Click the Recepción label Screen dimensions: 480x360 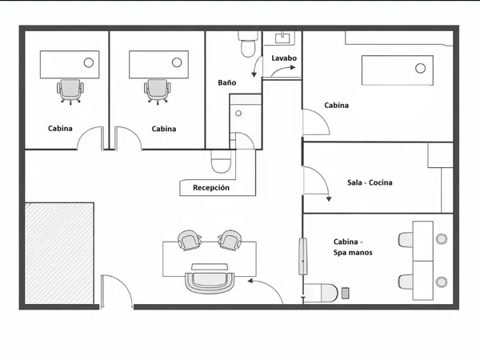(211, 187)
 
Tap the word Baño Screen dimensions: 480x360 (227, 82)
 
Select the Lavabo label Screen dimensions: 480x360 (284, 58)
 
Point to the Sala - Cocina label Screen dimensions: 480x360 (370, 182)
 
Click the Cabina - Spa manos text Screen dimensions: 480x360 (353, 247)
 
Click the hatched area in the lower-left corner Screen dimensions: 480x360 (59, 253)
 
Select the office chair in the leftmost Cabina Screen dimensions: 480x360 (70, 91)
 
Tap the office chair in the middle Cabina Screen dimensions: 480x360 (158, 91)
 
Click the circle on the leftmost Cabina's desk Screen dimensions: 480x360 (89, 62)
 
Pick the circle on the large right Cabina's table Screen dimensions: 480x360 (420, 68)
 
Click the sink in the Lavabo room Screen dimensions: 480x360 (282, 38)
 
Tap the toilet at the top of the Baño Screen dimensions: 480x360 (248, 44)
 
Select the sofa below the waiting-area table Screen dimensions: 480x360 (210, 278)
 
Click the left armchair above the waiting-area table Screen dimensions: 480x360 (190, 240)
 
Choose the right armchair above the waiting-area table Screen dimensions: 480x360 (230, 240)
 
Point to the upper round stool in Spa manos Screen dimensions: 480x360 (441, 238)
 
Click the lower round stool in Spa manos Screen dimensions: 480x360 (441, 282)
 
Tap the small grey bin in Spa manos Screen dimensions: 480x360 (346, 293)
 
